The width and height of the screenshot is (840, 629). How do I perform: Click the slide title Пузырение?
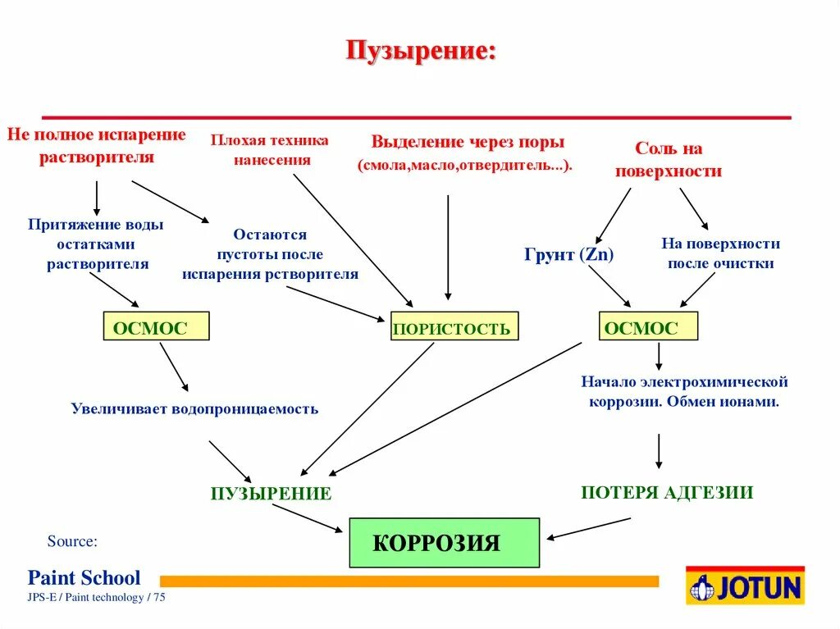coord(421,52)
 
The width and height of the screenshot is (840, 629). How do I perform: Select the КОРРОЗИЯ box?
coord(444,542)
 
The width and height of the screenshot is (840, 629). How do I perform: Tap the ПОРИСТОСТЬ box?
coord(454,326)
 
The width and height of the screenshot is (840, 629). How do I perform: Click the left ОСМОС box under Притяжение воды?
coord(156,326)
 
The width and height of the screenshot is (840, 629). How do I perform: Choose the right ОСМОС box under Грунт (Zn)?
coord(648,326)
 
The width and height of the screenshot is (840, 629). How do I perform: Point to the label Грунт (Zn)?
coord(568,254)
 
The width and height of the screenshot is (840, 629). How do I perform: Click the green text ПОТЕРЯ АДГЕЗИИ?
coord(666,492)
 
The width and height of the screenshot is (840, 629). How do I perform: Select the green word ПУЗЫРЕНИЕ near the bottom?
coord(271,493)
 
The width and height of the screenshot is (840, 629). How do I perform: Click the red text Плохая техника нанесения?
coord(270,150)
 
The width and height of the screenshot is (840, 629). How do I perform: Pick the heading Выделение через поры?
coord(468,142)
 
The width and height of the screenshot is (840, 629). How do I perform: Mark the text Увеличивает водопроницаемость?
coord(194,408)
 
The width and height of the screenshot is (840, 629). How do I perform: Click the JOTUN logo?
coord(746,586)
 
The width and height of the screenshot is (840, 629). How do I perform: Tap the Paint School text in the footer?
coord(84,577)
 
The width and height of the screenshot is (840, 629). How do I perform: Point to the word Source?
coord(72,541)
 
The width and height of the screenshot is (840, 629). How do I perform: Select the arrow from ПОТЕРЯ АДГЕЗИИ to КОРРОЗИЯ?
coord(589,528)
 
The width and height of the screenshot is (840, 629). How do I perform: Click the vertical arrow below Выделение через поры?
coord(448,247)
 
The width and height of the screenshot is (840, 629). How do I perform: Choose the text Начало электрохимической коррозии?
coord(684,392)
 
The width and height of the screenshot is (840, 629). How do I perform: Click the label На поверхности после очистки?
coord(720,253)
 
